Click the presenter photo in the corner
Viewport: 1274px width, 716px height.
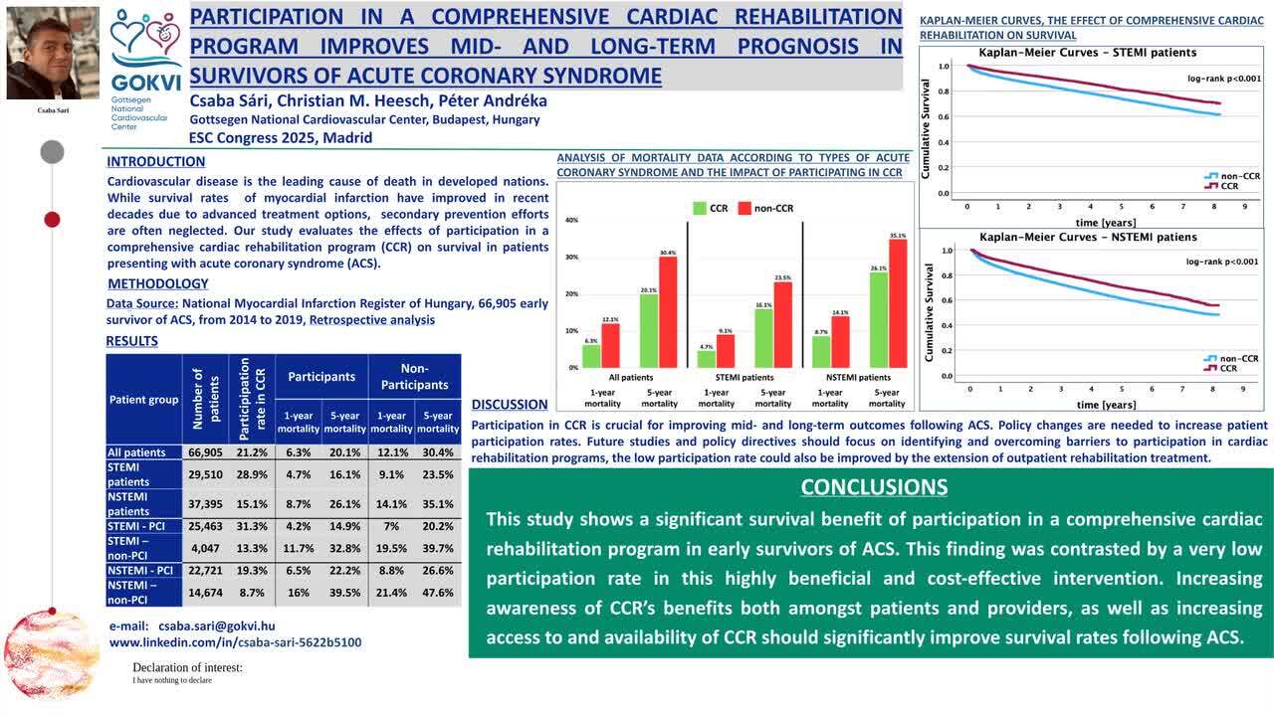[x=53, y=54]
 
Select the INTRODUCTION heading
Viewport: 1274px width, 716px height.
[x=156, y=162]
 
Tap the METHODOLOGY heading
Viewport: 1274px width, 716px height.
[x=158, y=283]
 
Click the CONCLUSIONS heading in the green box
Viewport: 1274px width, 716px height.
[x=874, y=486]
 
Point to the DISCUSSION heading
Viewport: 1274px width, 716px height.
[x=510, y=405]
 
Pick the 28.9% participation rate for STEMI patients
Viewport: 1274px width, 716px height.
[x=251, y=474]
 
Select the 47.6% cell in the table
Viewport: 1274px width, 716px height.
[x=438, y=593]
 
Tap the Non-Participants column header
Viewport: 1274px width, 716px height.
[x=414, y=376]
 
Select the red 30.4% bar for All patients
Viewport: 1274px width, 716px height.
[x=668, y=312]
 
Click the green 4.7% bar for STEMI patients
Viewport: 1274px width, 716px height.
[x=707, y=359]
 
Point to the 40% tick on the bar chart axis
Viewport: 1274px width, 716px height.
[x=571, y=220]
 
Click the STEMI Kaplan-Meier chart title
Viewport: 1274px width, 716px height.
[x=1088, y=53]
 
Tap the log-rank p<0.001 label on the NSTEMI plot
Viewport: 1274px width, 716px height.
[x=1221, y=262]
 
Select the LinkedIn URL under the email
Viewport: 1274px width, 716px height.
[x=235, y=642]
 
